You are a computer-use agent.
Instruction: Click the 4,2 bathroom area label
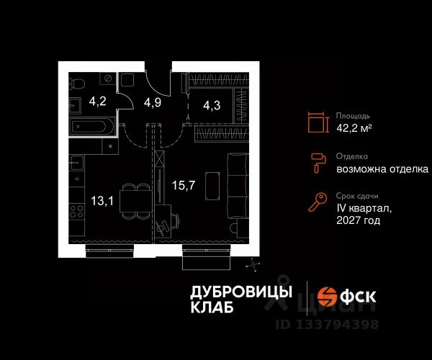click(x=97, y=102)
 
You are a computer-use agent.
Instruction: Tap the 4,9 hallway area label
click(x=153, y=102)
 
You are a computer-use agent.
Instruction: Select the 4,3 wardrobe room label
click(x=212, y=105)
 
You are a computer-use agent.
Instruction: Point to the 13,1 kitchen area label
click(x=102, y=201)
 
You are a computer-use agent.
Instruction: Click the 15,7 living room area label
click(x=184, y=185)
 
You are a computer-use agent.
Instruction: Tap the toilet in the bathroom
click(x=76, y=84)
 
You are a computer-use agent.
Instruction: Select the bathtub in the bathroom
click(x=92, y=127)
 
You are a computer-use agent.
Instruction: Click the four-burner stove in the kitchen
click(x=76, y=211)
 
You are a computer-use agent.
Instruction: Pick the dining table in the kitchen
click(x=135, y=202)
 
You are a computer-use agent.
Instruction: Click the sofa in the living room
click(x=238, y=186)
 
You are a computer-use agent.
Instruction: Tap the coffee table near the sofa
click(x=212, y=186)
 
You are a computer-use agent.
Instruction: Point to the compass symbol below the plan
click(x=253, y=265)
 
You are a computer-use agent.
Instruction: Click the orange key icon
click(x=318, y=202)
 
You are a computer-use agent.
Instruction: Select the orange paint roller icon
click(x=318, y=163)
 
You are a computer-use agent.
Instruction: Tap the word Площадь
click(x=353, y=116)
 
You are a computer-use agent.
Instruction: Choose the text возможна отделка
click(x=382, y=169)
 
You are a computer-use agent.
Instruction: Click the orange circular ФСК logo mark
click(x=328, y=297)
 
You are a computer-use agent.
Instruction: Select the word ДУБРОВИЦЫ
click(x=241, y=292)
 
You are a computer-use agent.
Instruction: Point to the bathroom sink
click(x=75, y=105)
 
